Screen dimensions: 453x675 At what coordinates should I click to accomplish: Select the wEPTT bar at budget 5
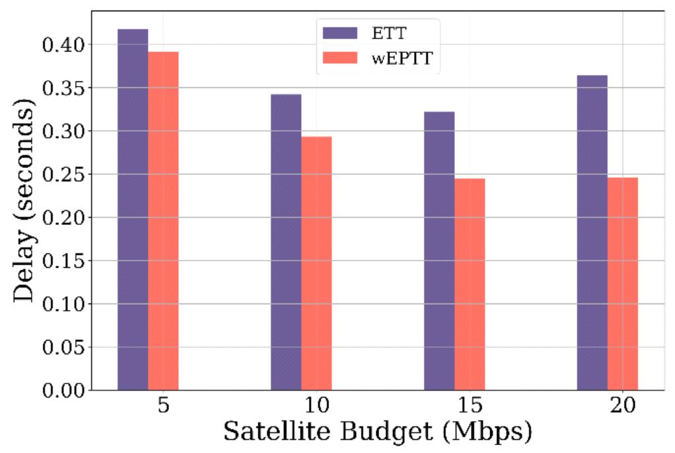[163, 221]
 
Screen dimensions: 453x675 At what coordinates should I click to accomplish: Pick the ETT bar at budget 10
[286, 242]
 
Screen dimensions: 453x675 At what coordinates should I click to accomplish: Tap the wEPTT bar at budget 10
[316, 263]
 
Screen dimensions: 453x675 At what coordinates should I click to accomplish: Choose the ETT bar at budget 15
[439, 251]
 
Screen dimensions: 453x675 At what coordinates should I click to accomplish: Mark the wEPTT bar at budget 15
[470, 284]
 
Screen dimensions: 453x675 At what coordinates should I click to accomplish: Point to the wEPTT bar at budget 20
[622, 284]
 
